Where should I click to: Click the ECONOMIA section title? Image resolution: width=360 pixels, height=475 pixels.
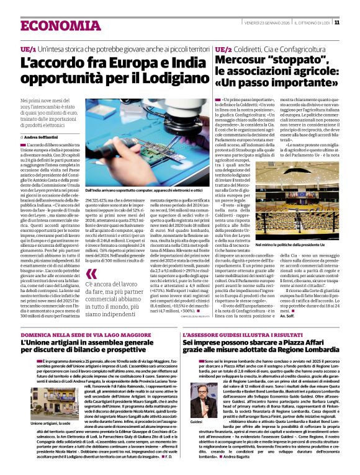[x=53, y=25]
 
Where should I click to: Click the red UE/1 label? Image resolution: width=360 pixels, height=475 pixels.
[x=27, y=48]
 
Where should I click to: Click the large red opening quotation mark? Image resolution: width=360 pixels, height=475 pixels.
[x=92, y=274]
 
